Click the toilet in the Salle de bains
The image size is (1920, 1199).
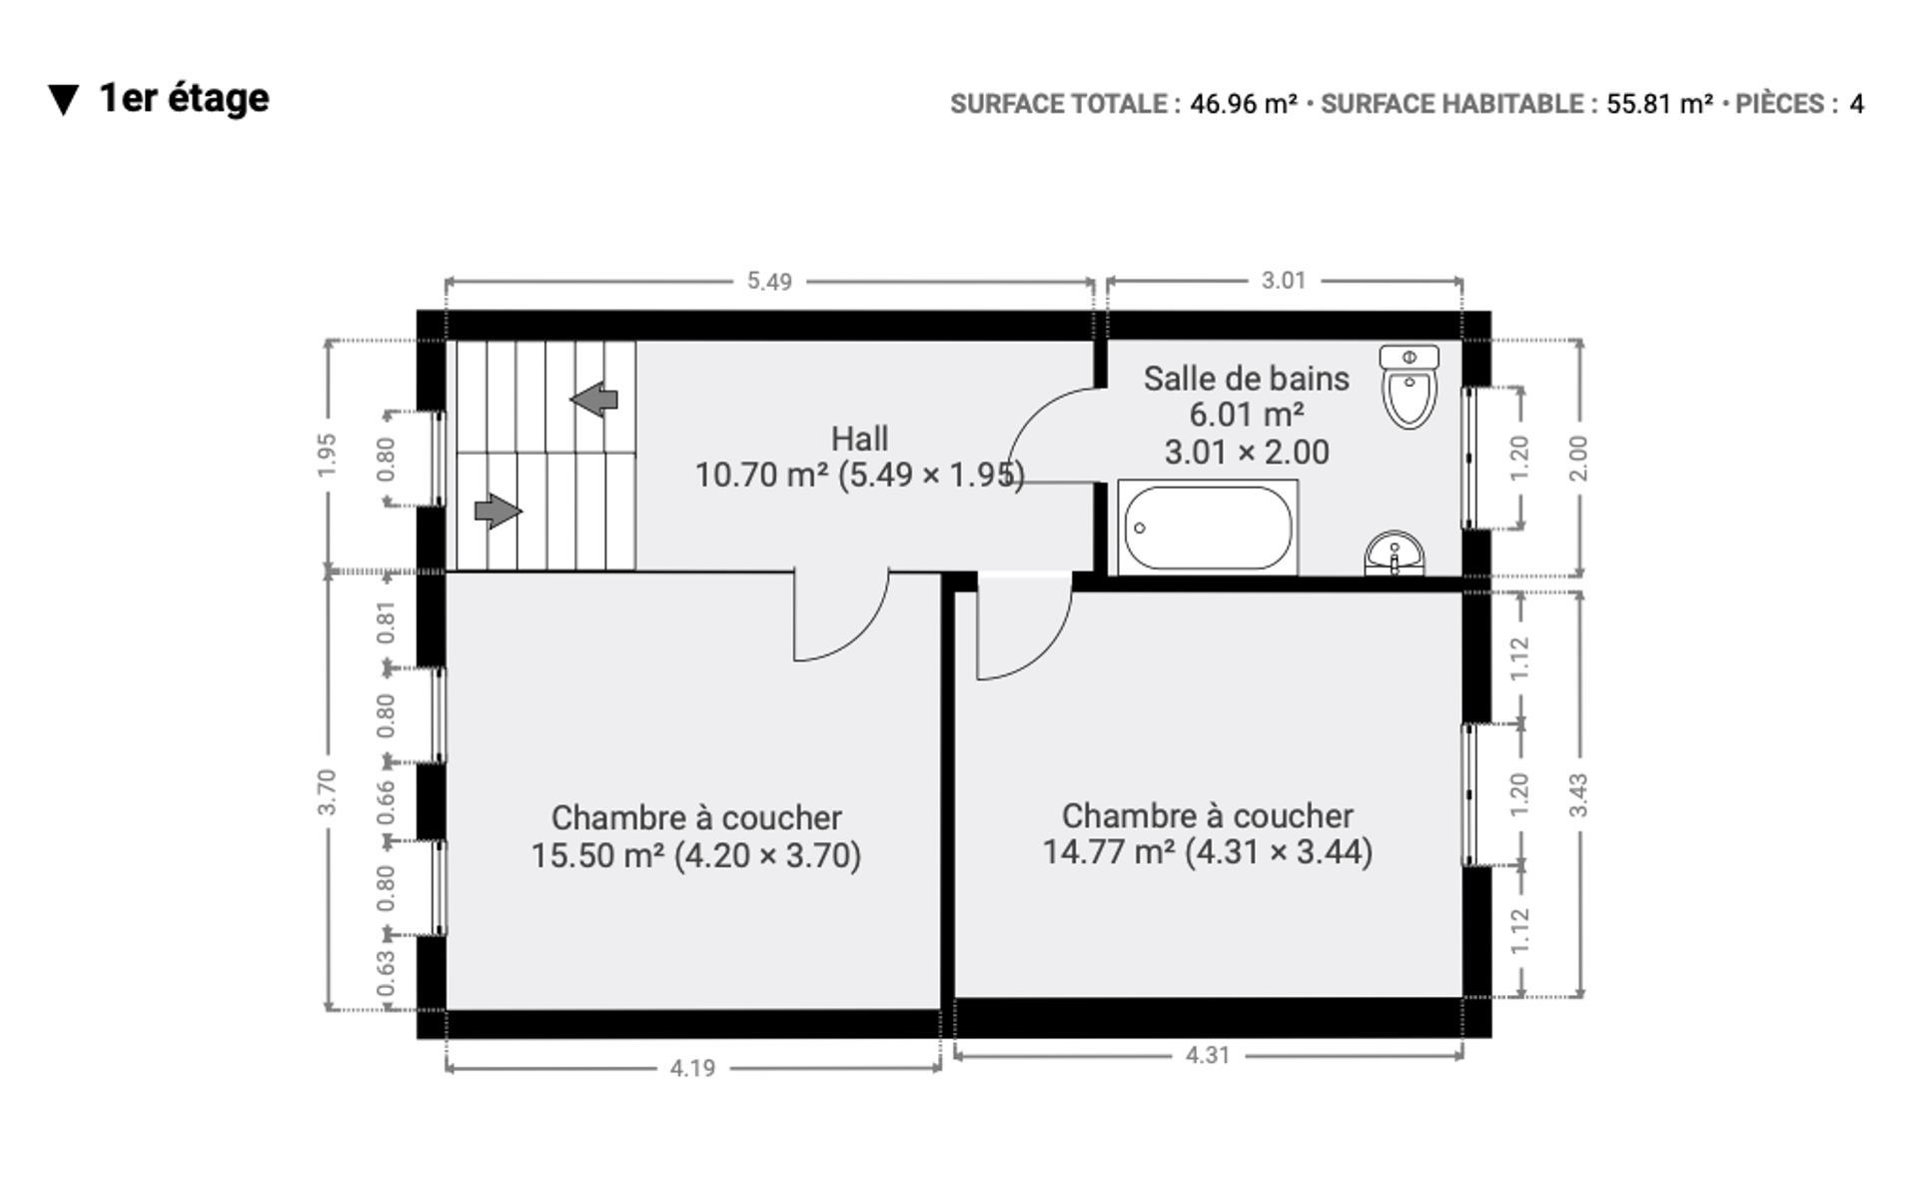(x=1409, y=387)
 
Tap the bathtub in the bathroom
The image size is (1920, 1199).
(x=1208, y=528)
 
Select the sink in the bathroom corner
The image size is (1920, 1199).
(x=1395, y=554)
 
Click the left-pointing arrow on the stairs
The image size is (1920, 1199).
(x=594, y=399)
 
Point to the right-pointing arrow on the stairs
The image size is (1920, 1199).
(x=497, y=511)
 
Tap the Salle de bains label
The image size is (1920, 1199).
(x=1247, y=379)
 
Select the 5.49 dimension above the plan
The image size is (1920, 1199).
(x=769, y=282)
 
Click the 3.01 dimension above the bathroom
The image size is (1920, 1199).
(x=1284, y=281)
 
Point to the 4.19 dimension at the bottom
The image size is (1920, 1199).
(x=692, y=1068)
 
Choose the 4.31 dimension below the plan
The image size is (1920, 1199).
(x=1207, y=1055)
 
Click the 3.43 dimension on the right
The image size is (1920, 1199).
(x=1578, y=795)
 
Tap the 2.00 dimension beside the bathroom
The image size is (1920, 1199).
(x=1578, y=459)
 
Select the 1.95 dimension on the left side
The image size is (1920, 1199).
(x=327, y=456)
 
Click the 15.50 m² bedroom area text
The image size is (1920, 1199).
(x=597, y=856)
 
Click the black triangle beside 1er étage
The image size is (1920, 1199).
(x=64, y=100)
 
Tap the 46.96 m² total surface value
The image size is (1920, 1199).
(x=1244, y=104)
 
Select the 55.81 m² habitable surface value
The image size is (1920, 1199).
(x=1660, y=104)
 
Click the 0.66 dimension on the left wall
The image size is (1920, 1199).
(x=386, y=802)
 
